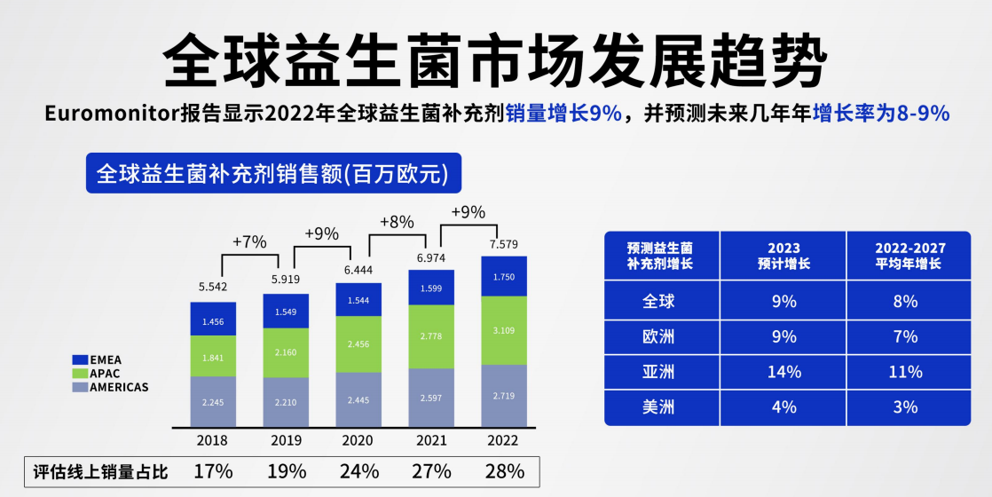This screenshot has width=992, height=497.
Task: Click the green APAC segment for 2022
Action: coord(503,330)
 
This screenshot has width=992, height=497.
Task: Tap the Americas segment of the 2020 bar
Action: coord(358,399)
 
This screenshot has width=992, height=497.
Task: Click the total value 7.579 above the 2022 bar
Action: coord(503,244)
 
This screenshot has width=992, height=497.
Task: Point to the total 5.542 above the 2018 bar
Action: coord(213,288)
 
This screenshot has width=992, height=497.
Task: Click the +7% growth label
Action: coord(249,241)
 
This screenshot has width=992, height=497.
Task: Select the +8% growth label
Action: coord(397,222)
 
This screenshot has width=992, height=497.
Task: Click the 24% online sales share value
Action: coord(358,470)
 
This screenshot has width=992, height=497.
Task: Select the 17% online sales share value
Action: coord(213,470)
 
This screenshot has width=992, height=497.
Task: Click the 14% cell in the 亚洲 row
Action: coord(783,372)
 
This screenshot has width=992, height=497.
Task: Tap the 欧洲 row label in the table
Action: coord(659,336)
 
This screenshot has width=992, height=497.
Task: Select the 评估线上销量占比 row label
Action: coord(99,470)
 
